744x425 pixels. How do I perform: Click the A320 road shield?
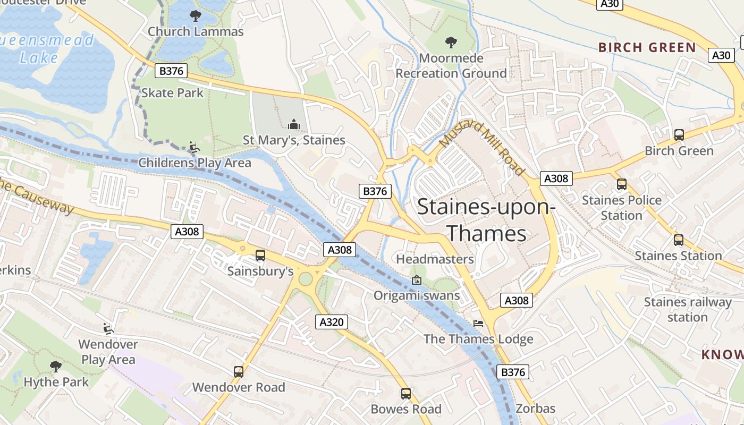click(332, 321)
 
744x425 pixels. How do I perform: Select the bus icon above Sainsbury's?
click(260, 256)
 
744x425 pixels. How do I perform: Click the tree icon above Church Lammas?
click(196, 16)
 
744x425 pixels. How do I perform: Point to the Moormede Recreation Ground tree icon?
click(451, 42)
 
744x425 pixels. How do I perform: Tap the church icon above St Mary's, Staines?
click(293, 125)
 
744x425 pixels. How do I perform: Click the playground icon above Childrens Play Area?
click(195, 147)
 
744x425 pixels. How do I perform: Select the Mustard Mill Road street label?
click(483, 148)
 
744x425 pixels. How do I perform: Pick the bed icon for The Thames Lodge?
click(478, 324)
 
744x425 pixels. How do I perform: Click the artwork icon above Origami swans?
click(417, 279)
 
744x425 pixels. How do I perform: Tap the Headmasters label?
click(435, 259)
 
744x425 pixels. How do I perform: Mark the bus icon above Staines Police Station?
click(622, 184)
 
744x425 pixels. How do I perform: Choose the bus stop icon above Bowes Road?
click(406, 394)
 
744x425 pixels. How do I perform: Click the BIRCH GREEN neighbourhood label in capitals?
click(647, 47)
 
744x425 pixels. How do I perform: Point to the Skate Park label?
click(172, 93)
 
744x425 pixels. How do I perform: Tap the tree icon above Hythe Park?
click(56, 366)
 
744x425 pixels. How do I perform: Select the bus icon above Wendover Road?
click(239, 372)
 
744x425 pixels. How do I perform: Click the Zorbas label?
click(535, 409)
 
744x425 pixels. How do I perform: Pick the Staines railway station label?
click(688, 310)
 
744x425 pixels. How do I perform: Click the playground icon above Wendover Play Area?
click(108, 328)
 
